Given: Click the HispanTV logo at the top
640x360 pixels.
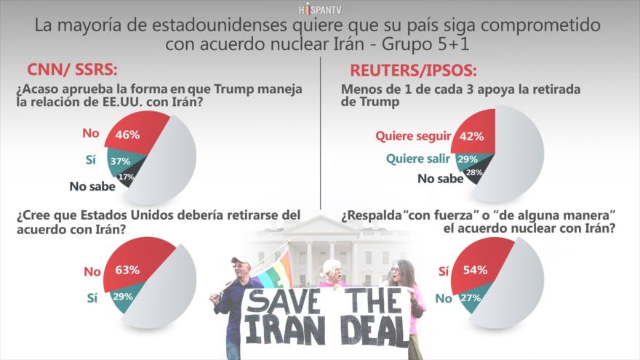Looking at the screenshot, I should pyautogui.click(x=319, y=9).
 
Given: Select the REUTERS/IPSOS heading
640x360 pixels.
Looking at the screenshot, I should pyautogui.click(x=413, y=71).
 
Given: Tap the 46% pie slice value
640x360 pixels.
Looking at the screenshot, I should pyautogui.click(x=128, y=135).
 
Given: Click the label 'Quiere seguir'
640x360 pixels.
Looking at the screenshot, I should pyautogui.click(x=412, y=135).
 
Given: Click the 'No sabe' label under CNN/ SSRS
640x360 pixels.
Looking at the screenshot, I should pyautogui.click(x=90, y=186).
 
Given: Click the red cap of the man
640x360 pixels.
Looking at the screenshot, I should pyautogui.click(x=241, y=260).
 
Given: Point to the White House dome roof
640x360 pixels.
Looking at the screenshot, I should pyautogui.click(x=320, y=222).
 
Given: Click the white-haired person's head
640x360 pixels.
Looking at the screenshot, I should pyautogui.click(x=333, y=268).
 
